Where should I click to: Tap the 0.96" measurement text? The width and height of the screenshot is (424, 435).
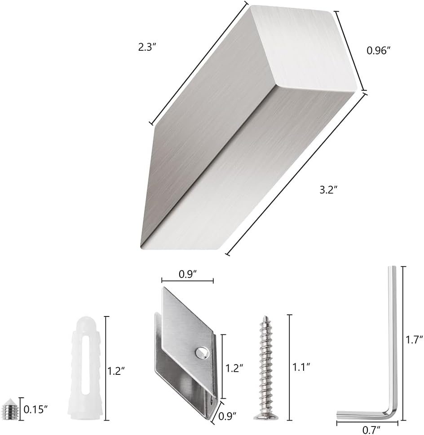378,51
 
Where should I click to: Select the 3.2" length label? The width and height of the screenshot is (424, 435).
328,190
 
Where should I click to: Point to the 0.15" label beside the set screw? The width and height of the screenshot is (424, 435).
35,409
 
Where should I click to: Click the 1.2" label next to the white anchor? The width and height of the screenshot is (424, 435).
116,370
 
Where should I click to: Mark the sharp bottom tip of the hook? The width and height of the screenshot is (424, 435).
143,246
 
